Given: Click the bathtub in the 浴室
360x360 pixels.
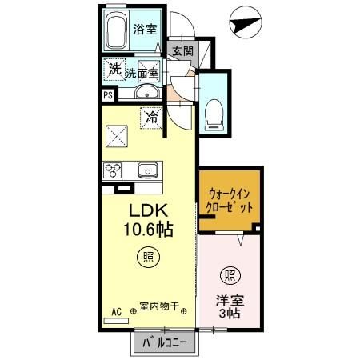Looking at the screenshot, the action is point(116,32).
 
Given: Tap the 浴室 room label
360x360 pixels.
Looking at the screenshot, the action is point(145,29).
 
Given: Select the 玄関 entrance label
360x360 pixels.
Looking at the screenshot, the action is point(182,51).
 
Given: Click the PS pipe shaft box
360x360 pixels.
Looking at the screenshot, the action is point(108,95).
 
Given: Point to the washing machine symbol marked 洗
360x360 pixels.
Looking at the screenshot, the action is point(114,70).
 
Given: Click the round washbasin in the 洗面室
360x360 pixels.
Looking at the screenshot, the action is point(147,92).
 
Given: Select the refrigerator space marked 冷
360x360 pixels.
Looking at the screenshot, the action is point(151,118).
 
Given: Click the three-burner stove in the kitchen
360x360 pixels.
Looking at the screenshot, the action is point(112,170).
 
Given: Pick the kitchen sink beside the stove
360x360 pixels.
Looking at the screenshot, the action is point(147,170).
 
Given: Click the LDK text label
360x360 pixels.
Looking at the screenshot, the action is point(148,210).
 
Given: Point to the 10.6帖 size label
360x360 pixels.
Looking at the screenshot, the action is point(148,230).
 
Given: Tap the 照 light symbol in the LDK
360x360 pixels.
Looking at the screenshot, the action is point(148,257).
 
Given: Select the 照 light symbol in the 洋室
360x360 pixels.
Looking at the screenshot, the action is point(230,276).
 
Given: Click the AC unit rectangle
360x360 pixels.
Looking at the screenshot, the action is point(116,321).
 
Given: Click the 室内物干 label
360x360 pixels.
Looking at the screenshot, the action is point(159,306).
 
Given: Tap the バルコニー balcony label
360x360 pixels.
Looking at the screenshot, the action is point(165,342).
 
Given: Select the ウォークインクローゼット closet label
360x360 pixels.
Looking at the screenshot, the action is point(230,201).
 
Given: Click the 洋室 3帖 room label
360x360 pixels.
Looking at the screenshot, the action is point(230,307).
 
